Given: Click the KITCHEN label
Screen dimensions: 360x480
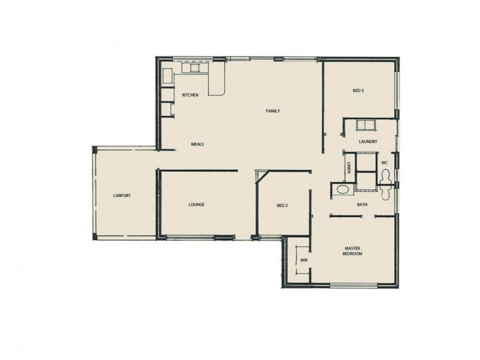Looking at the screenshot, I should coord(190,95).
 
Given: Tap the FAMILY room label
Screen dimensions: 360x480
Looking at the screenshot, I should coord(273,111).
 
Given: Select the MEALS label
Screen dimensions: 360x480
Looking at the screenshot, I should coord(199,144).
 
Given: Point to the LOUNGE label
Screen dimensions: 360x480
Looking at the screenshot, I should coord(196,205).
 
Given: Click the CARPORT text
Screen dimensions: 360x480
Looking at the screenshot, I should coord(122,196).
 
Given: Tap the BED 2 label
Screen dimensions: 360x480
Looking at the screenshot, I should coord(282,205).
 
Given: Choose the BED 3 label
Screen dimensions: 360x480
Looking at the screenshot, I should coord(358,91).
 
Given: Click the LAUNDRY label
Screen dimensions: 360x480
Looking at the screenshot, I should coord(367,142).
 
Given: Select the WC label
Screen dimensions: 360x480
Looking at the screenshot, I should coord(385,163).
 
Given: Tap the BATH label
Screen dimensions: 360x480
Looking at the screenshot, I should coord(362,205).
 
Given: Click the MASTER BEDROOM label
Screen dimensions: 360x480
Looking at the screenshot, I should coord(352,251).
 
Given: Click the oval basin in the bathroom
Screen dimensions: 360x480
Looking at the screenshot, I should coord(343,190).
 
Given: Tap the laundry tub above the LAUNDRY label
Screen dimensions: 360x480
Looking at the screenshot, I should coord(365,125).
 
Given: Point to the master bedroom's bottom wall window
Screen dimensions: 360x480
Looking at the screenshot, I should coord(352,286).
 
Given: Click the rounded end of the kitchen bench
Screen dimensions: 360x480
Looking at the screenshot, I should coord(218,91).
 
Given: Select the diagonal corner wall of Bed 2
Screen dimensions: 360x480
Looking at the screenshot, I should coord(260,176).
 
